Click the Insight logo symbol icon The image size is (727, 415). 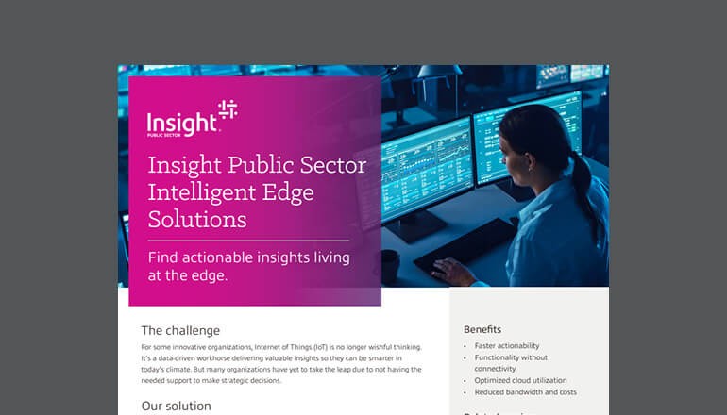228,111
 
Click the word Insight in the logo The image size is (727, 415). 180,122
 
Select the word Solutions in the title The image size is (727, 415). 197,220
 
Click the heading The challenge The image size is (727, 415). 180,331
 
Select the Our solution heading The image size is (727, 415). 176,406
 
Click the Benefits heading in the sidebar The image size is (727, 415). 482,330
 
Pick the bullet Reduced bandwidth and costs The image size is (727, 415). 526,392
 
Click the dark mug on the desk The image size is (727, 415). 389,267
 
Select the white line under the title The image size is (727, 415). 248,241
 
